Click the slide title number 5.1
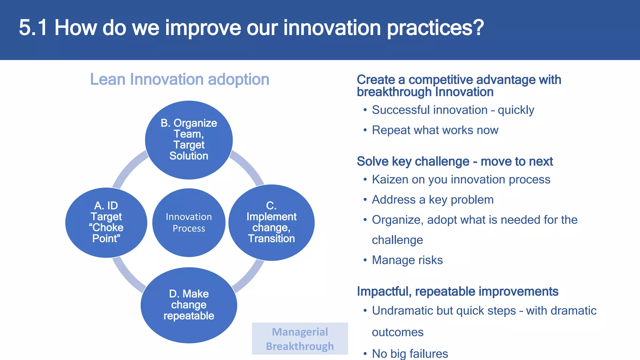(33, 28)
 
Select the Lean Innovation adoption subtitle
(179, 79)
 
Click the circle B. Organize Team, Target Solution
(189, 140)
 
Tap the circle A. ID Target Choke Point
(106, 222)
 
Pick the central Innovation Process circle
(189, 222)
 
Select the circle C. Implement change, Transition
(271, 222)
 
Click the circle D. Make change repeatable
(189, 305)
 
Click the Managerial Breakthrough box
(300, 339)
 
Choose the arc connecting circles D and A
(127, 277)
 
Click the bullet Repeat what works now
(435, 130)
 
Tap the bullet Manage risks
(407, 260)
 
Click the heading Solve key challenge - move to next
(455, 161)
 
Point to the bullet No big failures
(410, 353)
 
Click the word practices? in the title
(435, 28)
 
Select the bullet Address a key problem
(432, 199)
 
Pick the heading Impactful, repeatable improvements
(457, 291)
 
